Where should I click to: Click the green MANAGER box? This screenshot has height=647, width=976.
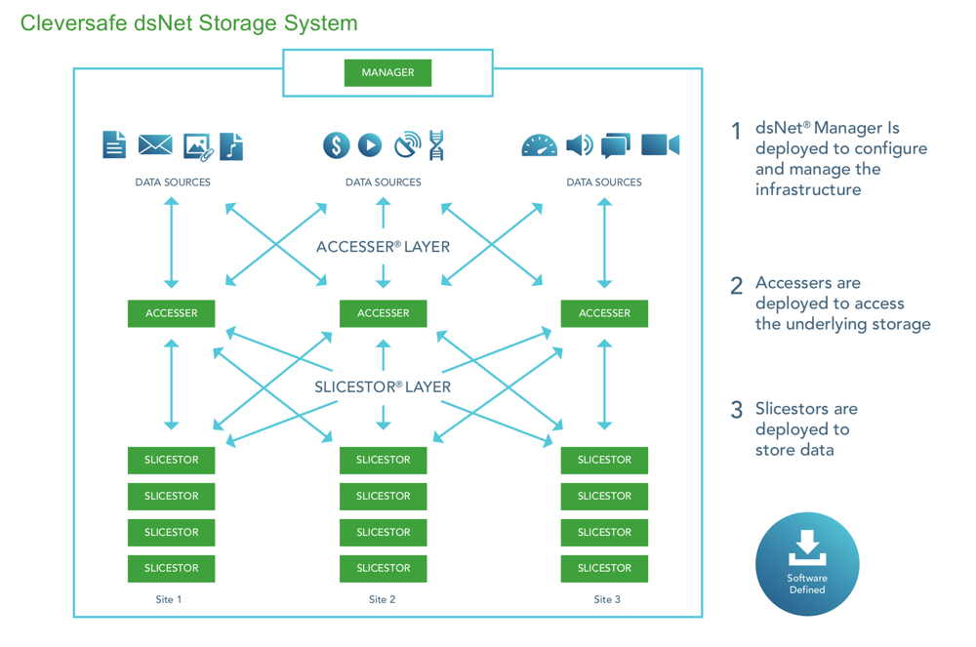387,72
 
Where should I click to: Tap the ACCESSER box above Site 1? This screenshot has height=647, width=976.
172,313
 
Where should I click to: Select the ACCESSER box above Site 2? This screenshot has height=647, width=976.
384,313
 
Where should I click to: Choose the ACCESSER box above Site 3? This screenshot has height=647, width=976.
604,313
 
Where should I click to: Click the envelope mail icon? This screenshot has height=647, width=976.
155,145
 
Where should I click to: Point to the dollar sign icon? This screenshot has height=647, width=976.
337,145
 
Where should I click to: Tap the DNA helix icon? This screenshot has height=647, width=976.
435,145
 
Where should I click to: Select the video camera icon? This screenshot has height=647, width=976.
660,145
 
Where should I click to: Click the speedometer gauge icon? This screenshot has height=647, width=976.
539,145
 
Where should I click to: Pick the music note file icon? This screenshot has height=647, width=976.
231,146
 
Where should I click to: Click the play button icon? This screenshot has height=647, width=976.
369,145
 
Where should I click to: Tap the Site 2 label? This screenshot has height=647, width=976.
384,599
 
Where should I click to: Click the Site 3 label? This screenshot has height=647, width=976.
607,599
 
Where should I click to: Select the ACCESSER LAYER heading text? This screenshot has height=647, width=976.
384,247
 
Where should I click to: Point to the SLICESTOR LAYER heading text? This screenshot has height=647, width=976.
383,386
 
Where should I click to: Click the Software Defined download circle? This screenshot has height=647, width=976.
807,564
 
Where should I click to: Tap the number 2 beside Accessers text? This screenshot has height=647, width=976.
737,286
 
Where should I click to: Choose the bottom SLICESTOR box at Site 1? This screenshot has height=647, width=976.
172,568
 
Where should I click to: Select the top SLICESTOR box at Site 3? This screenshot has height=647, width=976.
604,460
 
